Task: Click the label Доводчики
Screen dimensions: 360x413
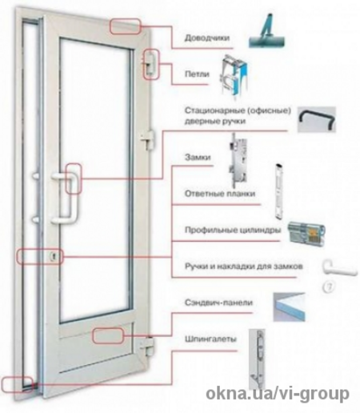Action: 207,38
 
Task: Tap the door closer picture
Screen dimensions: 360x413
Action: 267,32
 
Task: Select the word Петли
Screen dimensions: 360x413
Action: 197,74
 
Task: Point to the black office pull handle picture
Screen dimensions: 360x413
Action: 317,119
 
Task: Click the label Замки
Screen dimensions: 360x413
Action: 198,157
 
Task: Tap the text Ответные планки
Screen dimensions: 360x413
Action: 220,194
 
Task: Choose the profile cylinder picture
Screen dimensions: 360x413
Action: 306,232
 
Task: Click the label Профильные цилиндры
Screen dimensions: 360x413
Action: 233,230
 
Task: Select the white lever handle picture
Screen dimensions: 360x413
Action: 339,268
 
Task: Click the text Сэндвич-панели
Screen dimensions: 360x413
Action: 218,303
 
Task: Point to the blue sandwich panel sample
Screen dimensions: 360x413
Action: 289,307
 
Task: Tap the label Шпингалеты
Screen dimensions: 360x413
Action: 210,339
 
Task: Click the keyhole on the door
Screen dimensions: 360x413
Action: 54,257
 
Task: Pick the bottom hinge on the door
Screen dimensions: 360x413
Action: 147,346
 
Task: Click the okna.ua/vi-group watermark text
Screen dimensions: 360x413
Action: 278,393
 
